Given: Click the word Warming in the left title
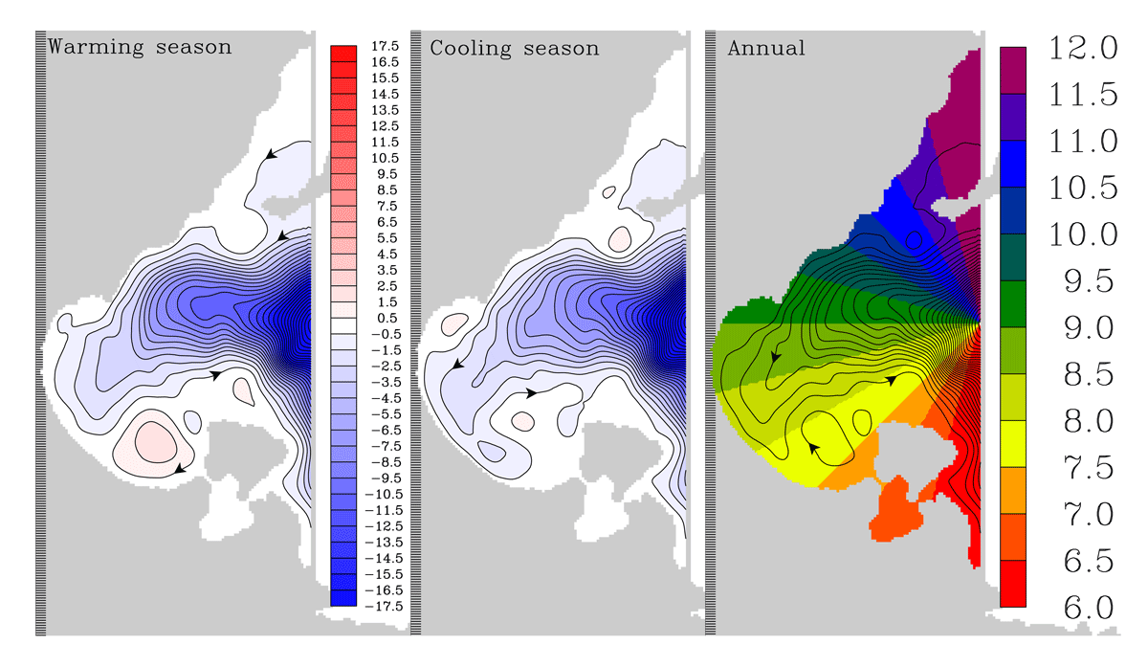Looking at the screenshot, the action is coord(96,47).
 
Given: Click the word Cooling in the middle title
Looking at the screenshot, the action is coord(471,49).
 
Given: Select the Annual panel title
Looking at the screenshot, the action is coord(766,48).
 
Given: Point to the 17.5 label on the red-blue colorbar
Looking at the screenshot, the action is coord(385,46).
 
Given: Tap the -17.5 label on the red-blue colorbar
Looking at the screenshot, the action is coord(384,607).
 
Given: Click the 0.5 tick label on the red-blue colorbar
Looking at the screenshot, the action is coord(386,318).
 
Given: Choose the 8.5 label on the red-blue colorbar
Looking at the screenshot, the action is coord(386,190).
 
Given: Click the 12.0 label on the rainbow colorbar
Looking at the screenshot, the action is coord(1083,48).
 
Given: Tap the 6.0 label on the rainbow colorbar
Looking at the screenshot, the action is coord(1089,607).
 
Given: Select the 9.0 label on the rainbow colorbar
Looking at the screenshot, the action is coord(1089,327).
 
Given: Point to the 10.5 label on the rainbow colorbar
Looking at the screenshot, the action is coord(1083,188).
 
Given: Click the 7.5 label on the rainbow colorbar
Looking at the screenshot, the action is coord(1089,468).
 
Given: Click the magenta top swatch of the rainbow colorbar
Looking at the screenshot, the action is coord(1013,70).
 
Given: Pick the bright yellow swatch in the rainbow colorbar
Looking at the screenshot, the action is coord(1013,443).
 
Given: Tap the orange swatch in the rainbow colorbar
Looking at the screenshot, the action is coord(1013,490).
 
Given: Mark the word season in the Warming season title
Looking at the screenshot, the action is coord(193,48).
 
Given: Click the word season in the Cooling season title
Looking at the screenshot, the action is coord(562,49).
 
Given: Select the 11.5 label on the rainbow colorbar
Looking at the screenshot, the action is coord(1083,95).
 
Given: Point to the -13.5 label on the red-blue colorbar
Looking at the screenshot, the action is coord(384,543).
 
